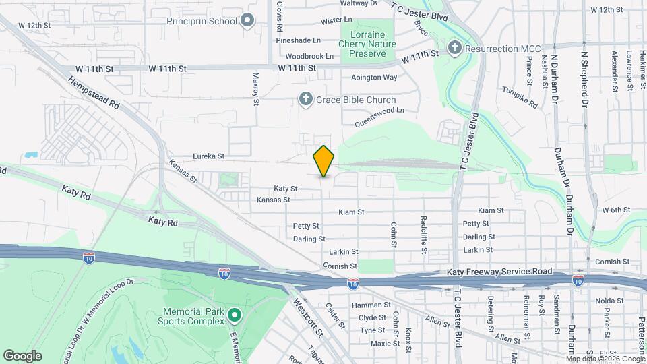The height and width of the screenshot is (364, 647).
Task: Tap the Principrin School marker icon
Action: pos(247,21)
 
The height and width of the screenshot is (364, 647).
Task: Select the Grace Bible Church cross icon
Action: pos(305,100)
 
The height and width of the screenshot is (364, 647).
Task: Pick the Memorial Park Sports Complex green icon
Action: pos(235,314)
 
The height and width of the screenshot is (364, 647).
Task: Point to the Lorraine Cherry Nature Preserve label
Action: pos(367,43)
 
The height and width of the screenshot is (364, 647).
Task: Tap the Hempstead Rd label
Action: pos(94,93)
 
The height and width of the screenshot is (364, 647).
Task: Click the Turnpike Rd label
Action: pos(520,96)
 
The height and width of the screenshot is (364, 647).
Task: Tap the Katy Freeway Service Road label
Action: pos(499,272)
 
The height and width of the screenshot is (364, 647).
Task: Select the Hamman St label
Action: pos(371,305)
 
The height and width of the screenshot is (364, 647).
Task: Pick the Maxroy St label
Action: pos(256,89)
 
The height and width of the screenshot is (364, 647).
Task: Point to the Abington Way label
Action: pos(374,78)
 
